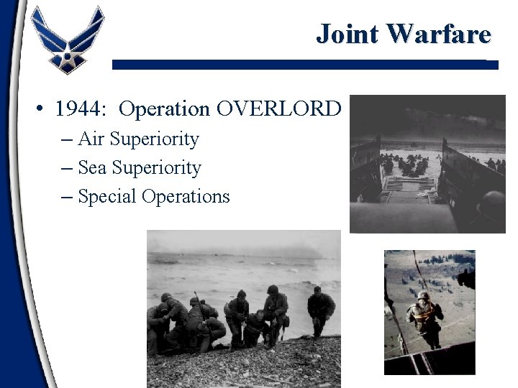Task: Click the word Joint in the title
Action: [348, 34]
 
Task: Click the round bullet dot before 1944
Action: [41, 109]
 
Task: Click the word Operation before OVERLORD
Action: [164, 108]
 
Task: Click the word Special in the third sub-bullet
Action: [107, 196]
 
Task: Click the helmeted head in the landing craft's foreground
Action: [493, 205]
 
